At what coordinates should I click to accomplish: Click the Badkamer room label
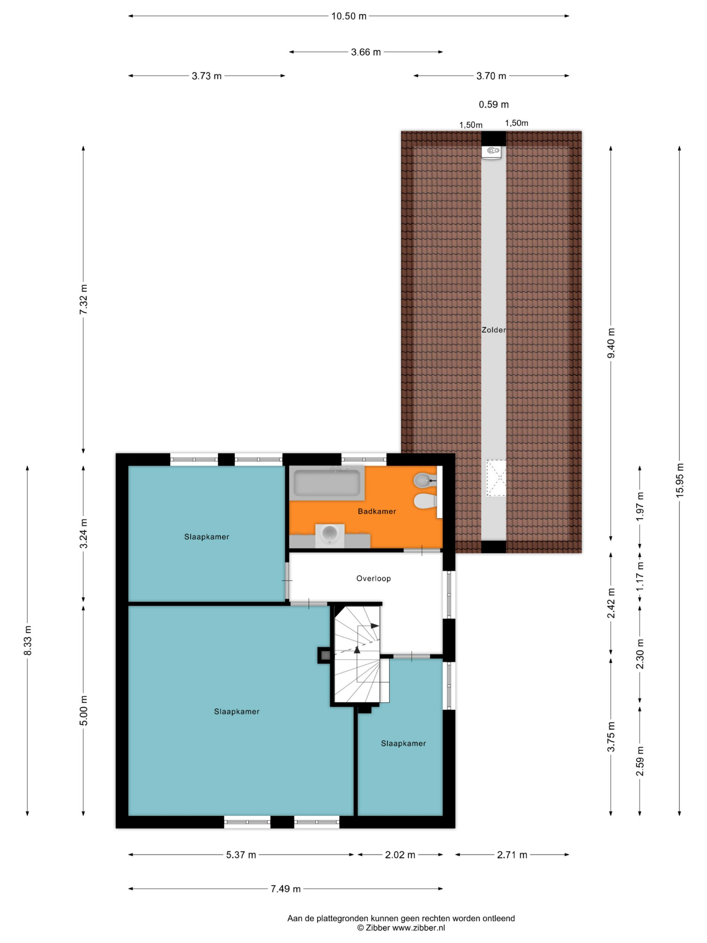[377, 511]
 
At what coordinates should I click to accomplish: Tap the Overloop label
[373, 578]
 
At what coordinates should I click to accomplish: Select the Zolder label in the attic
[493, 330]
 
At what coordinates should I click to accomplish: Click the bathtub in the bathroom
[327, 483]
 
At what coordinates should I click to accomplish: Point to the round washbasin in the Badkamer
[330, 535]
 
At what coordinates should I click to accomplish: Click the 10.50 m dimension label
[349, 16]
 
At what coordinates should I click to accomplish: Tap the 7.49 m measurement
[286, 889]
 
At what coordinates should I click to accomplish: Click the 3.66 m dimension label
[366, 52]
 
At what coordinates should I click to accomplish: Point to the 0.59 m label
[493, 104]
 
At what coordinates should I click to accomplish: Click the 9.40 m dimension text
[611, 344]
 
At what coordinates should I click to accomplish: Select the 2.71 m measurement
[512, 854]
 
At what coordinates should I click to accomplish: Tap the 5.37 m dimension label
[241, 854]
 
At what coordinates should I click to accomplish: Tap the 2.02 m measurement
[400, 854]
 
